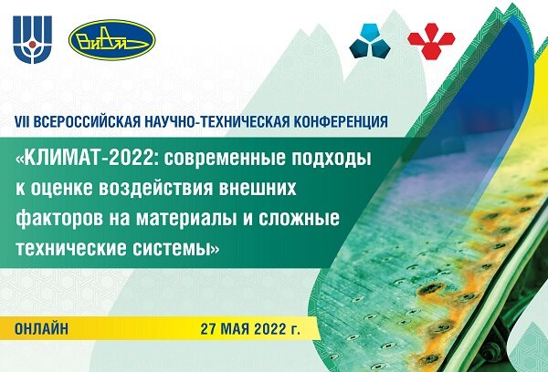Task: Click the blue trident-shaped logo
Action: (33, 39)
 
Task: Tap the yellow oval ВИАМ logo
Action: (111, 40)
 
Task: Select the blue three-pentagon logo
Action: (370, 41)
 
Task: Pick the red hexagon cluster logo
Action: (431, 41)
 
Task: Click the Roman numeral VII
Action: (22, 121)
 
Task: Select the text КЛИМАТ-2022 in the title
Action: (90, 160)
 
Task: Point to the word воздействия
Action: (156, 189)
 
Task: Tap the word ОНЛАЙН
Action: (42, 328)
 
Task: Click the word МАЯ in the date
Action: (237, 329)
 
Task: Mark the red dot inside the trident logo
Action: (33, 45)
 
